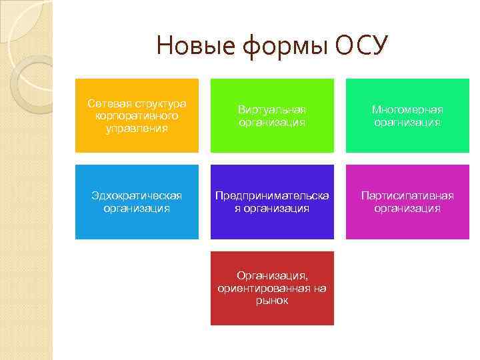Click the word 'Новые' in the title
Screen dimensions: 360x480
click(x=189, y=46)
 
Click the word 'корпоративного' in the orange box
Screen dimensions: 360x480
click(x=137, y=115)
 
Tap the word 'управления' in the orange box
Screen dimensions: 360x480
click(x=137, y=127)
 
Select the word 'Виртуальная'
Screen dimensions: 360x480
click(x=272, y=109)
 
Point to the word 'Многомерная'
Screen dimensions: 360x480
click(x=407, y=109)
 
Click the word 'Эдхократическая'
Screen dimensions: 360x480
click(x=137, y=195)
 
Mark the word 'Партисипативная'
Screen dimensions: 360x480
click(x=407, y=195)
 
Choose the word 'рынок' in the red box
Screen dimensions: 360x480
click(x=272, y=301)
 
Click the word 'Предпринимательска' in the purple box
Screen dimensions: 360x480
click(x=272, y=195)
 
